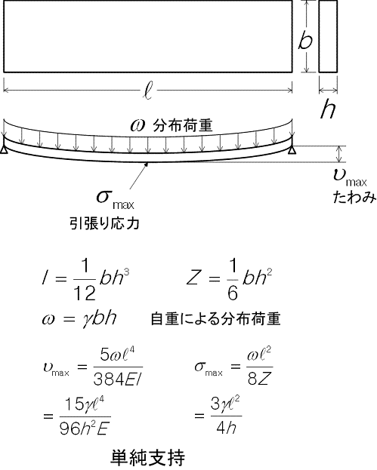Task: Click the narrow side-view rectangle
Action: [328, 36]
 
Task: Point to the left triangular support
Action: [4, 150]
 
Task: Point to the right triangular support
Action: [292, 150]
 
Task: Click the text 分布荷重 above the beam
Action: [183, 125]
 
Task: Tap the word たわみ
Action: [354, 198]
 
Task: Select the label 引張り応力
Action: [104, 223]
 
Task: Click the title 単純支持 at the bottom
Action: [147, 457]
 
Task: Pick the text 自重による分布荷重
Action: [215, 319]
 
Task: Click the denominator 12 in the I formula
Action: [85, 293]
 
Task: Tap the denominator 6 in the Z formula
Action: [233, 293]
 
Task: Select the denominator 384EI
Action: [117, 379]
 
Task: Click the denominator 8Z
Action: [259, 379]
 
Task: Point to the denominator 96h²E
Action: [84, 429]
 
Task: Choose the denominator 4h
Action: [226, 428]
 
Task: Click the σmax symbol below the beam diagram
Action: [115, 199]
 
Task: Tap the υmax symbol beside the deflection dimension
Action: [350, 177]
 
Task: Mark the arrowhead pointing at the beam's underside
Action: [147, 164]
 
